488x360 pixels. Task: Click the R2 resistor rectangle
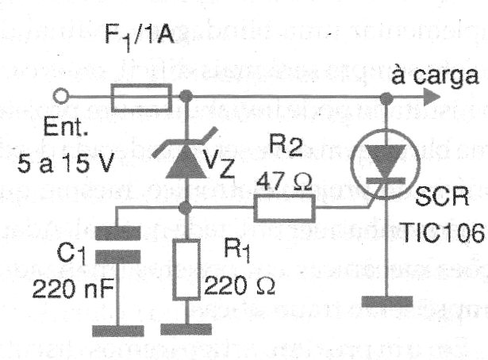click(284, 209)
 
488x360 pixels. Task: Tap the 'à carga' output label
click(436, 75)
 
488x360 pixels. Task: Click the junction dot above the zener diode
click(187, 98)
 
